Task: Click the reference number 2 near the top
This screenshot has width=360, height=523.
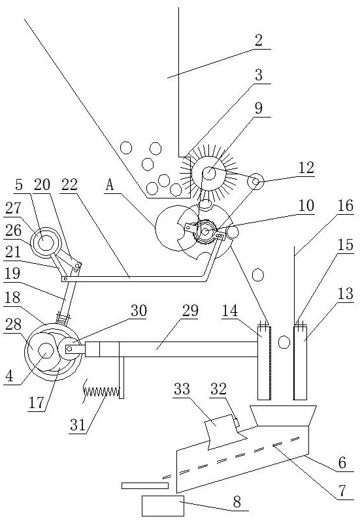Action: click(259, 40)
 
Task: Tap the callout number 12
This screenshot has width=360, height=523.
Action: click(306, 167)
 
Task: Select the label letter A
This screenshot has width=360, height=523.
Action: click(109, 185)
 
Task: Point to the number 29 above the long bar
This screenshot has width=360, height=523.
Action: click(190, 311)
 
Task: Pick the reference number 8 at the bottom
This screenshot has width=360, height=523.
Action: click(237, 501)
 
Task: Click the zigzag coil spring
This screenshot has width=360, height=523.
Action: click(101, 392)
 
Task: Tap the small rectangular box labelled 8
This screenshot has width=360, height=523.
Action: click(163, 505)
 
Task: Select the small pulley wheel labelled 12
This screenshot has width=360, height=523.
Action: click(256, 182)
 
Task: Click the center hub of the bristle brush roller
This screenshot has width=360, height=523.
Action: click(209, 173)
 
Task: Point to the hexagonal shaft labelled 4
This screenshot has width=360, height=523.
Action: click(46, 350)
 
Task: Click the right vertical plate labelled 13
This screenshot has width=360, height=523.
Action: click(300, 363)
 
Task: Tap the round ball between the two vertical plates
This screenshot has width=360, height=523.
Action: click(284, 342)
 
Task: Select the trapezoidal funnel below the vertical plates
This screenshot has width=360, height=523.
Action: click(283, 416)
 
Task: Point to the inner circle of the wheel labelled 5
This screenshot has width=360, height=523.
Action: click(45, 242)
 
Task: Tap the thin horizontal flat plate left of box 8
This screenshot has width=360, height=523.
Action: click(145, 486)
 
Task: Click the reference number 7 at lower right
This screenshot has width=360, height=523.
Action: click(342, 490)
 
